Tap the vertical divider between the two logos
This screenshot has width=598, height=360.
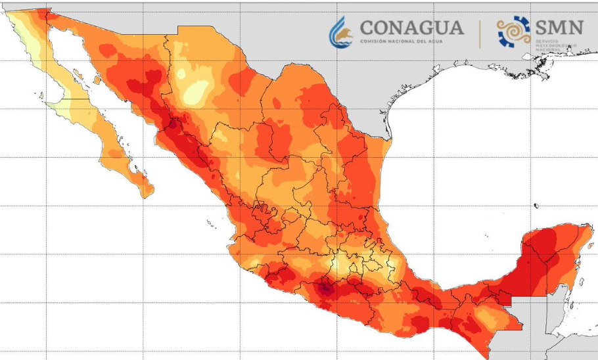[479, 33]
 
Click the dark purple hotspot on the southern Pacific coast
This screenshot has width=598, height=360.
[324, 286]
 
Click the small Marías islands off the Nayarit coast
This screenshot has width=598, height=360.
[213, 225]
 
